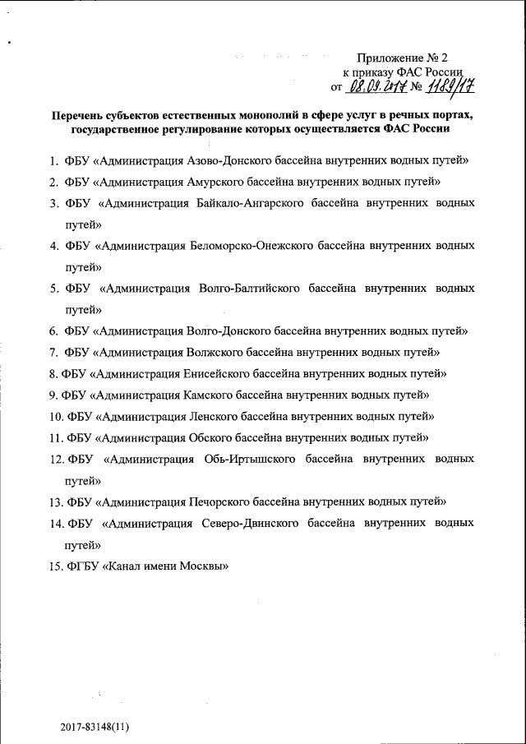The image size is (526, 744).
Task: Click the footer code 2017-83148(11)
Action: click(95, 728)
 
